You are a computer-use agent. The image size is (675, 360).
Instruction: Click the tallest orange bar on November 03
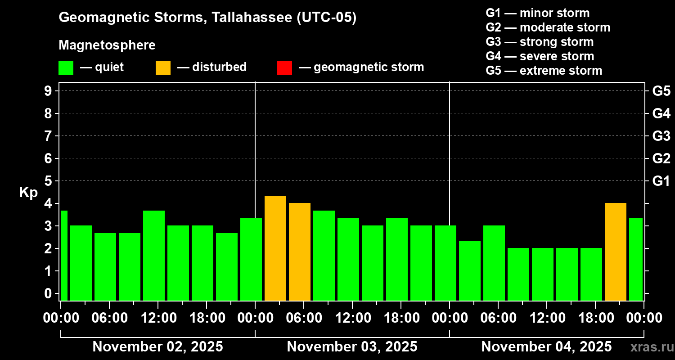275,248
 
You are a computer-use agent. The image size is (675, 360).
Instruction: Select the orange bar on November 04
616,252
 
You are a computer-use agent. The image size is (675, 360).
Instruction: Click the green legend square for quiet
66,67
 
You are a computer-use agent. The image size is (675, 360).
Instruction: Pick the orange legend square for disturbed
163,67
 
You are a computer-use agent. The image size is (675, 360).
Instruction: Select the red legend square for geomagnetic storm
284,67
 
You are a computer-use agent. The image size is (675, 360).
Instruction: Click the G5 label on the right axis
661,91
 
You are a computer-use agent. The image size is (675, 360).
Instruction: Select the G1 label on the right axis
661,181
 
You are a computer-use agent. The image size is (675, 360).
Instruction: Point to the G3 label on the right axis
661,136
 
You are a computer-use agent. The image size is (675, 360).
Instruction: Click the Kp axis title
28,193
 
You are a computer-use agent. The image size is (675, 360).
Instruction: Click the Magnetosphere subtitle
107,45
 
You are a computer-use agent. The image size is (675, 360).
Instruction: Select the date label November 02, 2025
157,346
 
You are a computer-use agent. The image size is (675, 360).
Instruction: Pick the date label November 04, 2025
546,346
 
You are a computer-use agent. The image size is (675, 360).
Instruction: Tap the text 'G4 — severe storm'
540,56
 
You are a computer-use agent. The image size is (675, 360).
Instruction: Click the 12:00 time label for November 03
352,318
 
